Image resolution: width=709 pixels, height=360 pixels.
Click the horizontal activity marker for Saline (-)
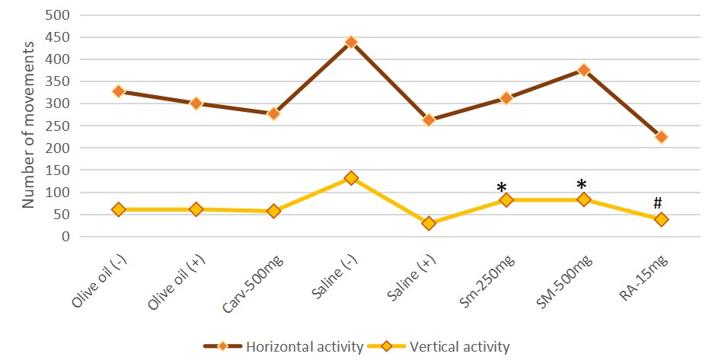tap(351, 43)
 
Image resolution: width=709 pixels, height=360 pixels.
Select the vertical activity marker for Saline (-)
tap(351, 178)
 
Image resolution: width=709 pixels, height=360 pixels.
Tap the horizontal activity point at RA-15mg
tap(661, 137)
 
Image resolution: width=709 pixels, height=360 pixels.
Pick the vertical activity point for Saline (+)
tap(429, 224)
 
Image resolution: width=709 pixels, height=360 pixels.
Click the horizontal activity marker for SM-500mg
tap(584, 70)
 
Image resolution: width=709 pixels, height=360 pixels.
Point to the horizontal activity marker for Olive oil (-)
tap(119, 91)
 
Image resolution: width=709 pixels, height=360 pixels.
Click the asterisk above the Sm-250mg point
tap(501, 188)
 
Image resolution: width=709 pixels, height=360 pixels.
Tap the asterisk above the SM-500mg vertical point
tap(582, 185)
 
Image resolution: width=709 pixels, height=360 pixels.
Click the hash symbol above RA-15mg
tap(657, 202)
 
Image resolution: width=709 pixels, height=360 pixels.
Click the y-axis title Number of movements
tap(28, 126)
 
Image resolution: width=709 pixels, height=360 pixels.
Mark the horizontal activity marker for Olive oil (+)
tap(196, 104)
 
